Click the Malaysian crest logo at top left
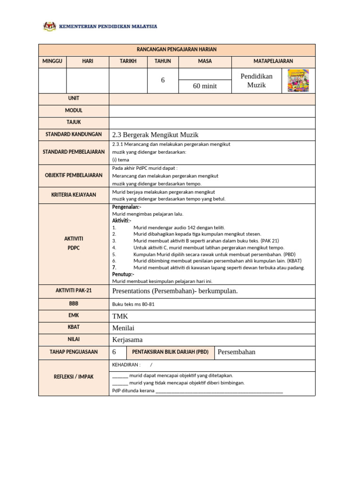[49, 26]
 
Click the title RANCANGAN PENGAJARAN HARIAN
[176, 50]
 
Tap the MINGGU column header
[52, 61]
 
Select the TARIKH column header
[128, 61]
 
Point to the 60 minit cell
[205, 86]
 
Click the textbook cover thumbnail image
[298, 80]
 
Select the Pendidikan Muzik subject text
[256, 81]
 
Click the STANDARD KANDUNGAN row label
[74, 134]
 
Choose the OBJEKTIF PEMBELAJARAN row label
[74, 175]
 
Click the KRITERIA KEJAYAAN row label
[74, 194]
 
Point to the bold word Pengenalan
[126, 207]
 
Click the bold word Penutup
[123, 274]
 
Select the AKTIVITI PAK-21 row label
[74, 291]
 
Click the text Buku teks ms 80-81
[133, 304]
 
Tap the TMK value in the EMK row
[120, 316]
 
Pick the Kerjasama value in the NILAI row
[127, 340]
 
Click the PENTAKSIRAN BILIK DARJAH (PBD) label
[170, 352]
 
